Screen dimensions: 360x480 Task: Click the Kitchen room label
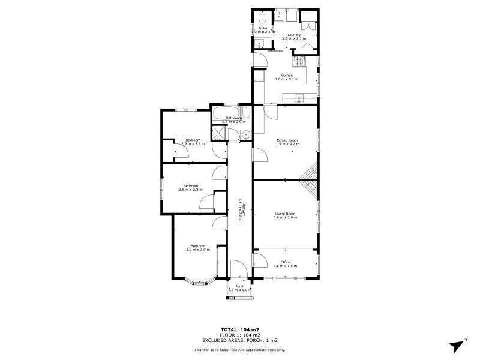pos(286,75)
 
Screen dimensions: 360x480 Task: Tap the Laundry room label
pos(294,35)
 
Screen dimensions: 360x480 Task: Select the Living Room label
pos(286,214)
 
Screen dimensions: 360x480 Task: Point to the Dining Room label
pos(287,140)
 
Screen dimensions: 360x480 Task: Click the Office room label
pos(286,262)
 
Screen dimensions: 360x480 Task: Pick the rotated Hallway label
pos(239,209)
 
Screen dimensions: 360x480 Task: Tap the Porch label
pos(239,287)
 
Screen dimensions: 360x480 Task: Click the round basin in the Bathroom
pos(245,134)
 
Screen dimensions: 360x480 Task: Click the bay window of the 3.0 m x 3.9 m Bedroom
pos(196,281)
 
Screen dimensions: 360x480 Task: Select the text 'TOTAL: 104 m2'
pos(239,330)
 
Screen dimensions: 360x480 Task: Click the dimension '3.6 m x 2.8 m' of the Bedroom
pos(191,190)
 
